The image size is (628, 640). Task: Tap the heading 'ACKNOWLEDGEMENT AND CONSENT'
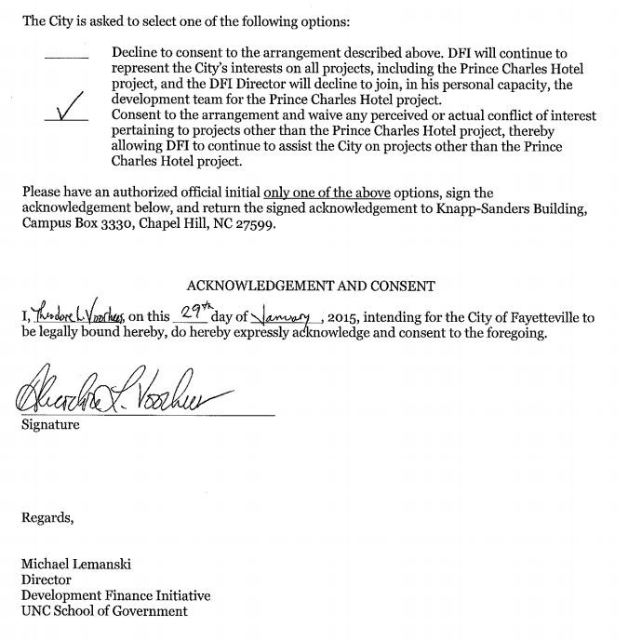[x=311, y=287]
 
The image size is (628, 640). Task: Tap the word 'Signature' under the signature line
[x=50, y=425]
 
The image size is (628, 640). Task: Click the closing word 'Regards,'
[x=47, y=518]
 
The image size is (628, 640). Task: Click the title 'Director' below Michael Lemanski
[x=47, y=580]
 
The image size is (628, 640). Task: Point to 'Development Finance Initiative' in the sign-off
[x=115, y=595]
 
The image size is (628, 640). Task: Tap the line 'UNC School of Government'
[x=104, y=611]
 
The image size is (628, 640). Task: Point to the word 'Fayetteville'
[x=544, y=318]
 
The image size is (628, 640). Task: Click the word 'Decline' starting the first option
[x=136, y=54]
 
